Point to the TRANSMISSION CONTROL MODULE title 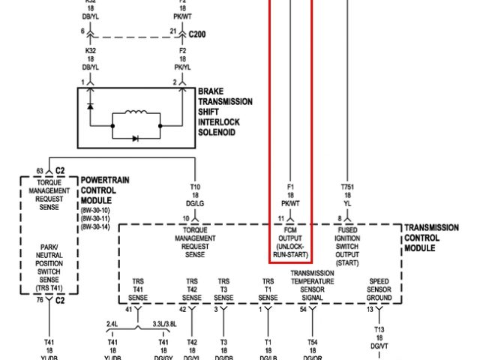click(x=441, y=237)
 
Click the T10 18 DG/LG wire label click(x=195, y=194)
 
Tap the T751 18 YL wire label click(x=346, y=194)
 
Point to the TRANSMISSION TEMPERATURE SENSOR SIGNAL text click(x=312, y=285)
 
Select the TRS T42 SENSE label click(x=192, y=289)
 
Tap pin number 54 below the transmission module click(x=303, y=309)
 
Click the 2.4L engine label click(x=113, y=324)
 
